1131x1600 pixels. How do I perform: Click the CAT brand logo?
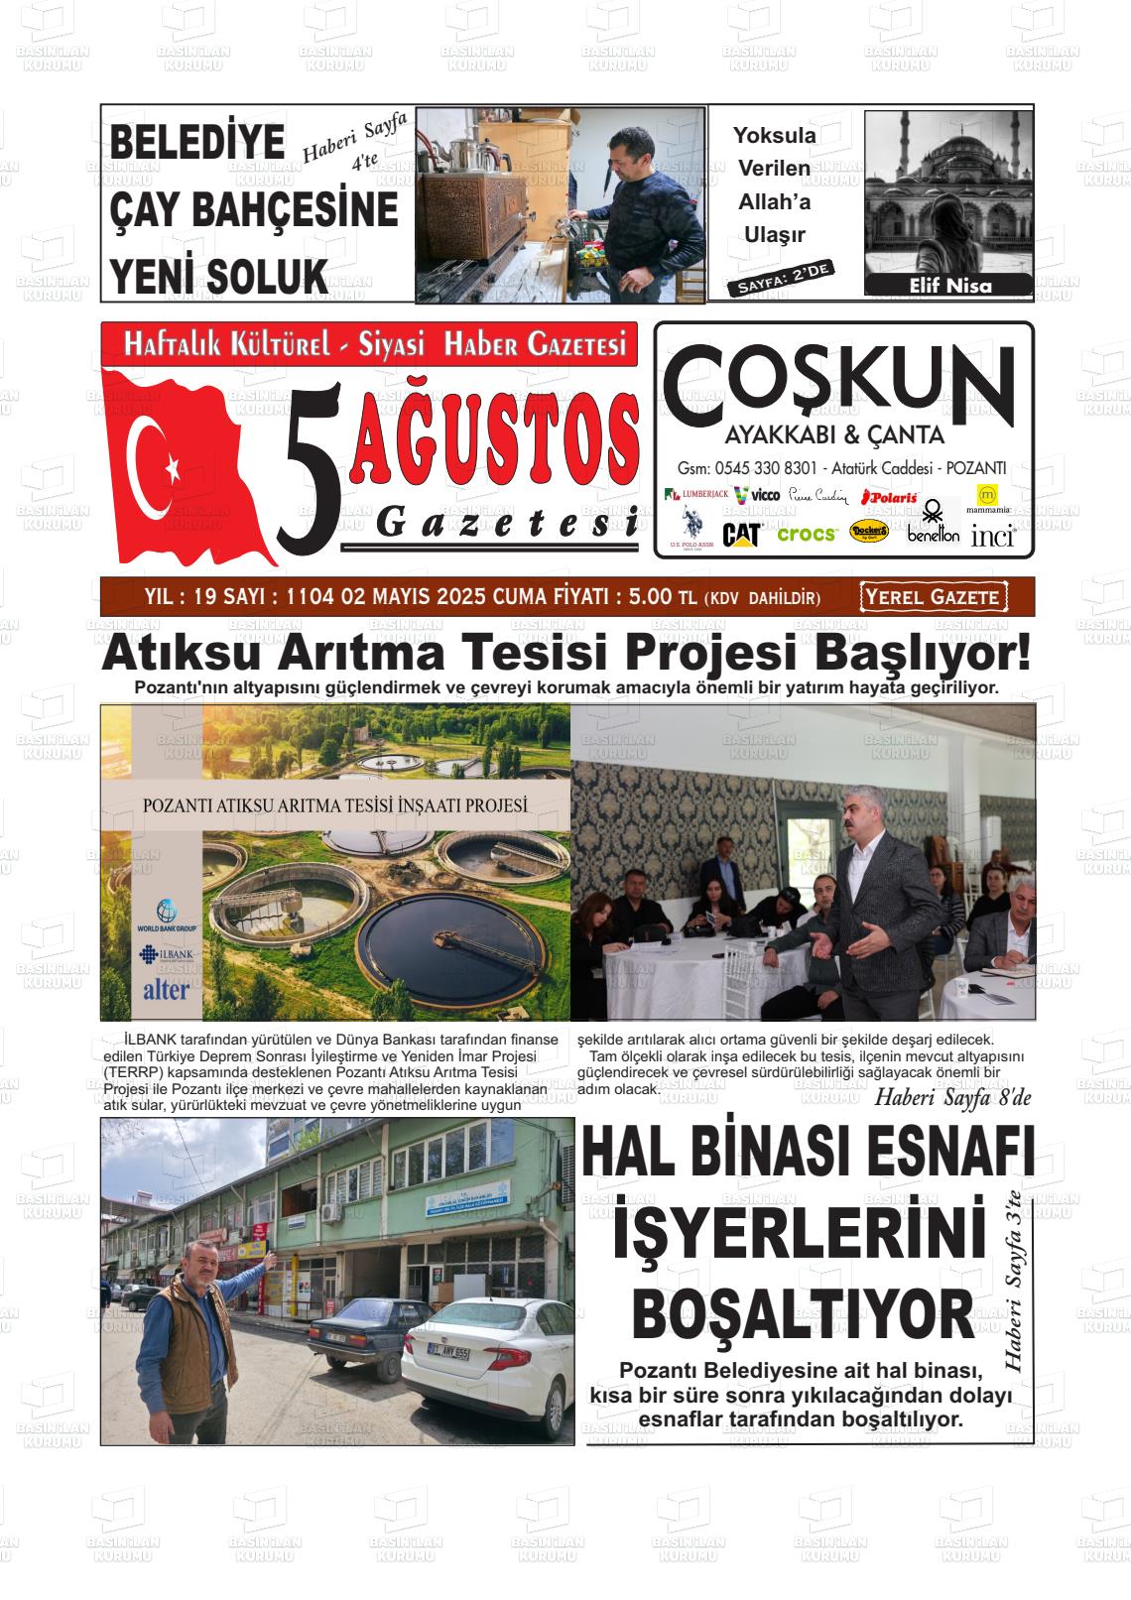click(741, 535)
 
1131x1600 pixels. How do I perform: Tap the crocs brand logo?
click(807, 534)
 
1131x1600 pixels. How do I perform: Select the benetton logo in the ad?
click(933, 526)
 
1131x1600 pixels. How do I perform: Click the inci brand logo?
click(992, 536)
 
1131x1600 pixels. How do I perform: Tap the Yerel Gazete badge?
click(934, 597)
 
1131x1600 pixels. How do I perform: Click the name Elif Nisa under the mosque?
click(949, 286)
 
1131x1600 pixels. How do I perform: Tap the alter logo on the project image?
click(167, 989)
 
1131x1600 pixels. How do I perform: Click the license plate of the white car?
click(448, 1352)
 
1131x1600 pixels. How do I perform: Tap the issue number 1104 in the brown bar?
click(309, 597)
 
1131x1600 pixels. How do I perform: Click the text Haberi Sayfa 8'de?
click(952, 1098)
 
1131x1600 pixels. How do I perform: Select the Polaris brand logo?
click(889, 496)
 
